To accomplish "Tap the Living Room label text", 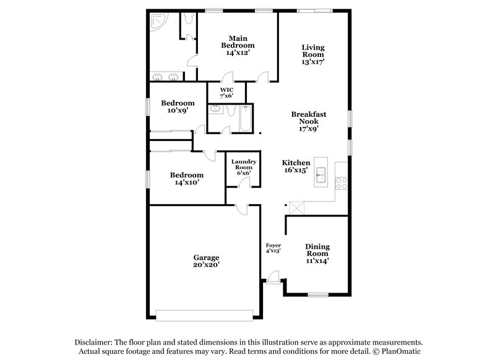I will pos(313,54).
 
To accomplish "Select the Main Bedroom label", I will pos(238,45).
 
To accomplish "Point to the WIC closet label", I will pos(226,93).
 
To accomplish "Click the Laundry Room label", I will pos(243,168).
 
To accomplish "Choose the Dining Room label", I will pos(317,253).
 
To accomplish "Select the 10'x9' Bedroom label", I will pos(178,107).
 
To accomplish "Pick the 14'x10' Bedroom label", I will pos(187,179).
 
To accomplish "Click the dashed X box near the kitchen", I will pos(296,208).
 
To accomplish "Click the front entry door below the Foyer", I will pos(273,278).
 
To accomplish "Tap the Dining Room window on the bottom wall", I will pos(318,294).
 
